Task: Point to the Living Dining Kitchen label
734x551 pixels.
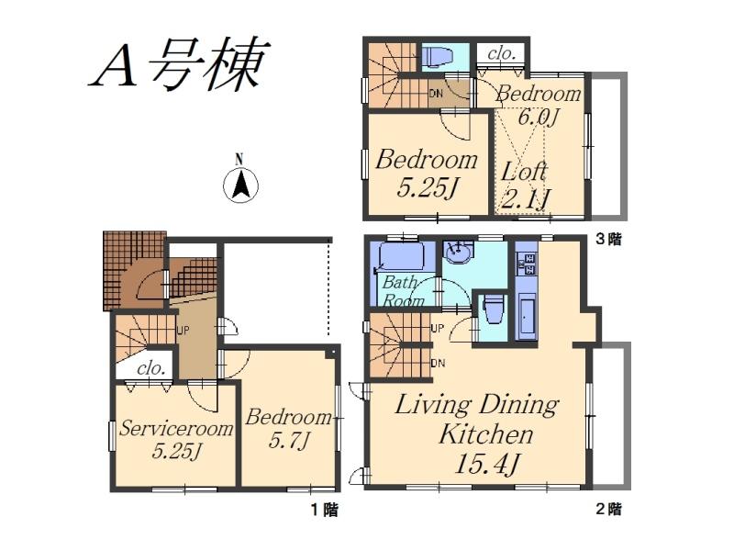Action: point(477,418)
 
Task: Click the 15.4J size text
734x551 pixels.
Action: point(487,464)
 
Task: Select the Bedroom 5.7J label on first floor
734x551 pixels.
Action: point(287,428)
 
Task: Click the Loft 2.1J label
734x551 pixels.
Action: point(526,184)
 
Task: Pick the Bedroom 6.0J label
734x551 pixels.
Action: point(539,105)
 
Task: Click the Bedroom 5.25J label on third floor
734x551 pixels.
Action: point(427,173)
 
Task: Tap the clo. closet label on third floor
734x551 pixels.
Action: point(502,53)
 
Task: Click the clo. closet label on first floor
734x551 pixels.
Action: point(150,367)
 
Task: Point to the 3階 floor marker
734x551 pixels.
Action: point(608,240)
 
